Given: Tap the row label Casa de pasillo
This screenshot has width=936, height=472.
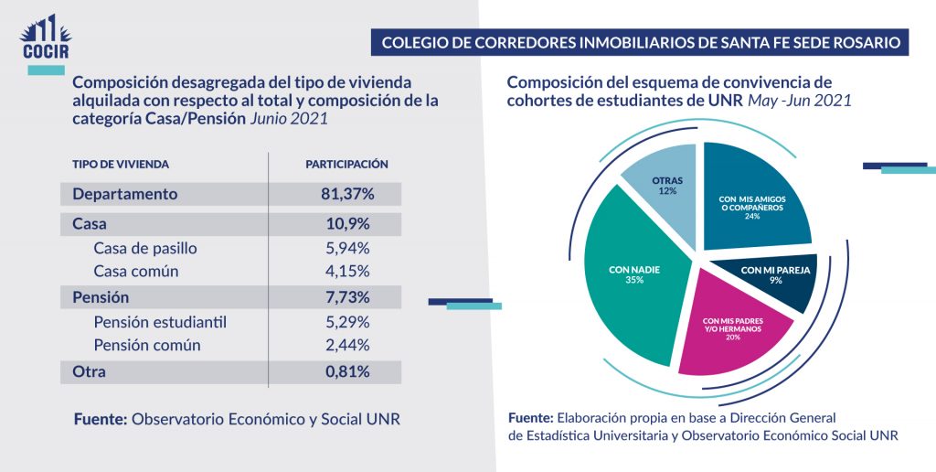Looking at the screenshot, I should click(x=144, y=248).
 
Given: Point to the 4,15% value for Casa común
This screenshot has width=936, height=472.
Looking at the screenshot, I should click(x=347, y=272).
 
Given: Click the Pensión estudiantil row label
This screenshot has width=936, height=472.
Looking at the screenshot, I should click(x=159, y=322).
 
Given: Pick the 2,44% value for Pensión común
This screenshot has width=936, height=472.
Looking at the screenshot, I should click(x=347, y=345).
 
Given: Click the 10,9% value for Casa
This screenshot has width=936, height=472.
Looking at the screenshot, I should click(x=347, y=224).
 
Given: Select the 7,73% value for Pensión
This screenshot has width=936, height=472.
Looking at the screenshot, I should click(x=347, y=297).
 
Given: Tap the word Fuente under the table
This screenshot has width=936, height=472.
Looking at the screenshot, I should click(x=100, y=419).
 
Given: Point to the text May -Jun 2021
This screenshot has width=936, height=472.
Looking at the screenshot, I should click(x=799, y=101).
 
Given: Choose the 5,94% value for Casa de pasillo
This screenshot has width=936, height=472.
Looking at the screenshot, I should click(x=347, y=248).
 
